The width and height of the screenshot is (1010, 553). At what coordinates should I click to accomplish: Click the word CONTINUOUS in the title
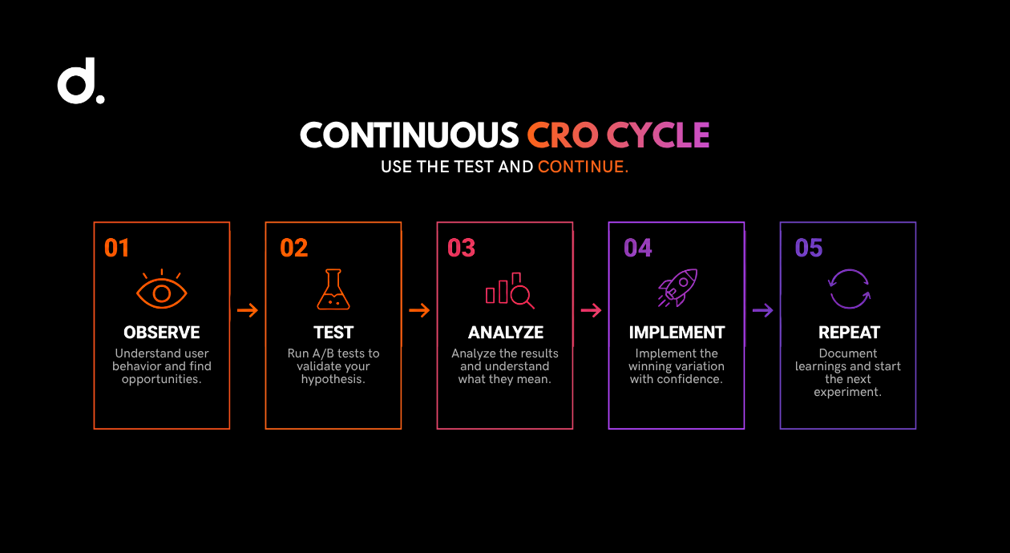point(410,135)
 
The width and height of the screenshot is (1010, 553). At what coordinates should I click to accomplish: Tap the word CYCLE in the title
point(658,135)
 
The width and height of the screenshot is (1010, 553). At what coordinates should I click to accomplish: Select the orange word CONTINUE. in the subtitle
point(583,167)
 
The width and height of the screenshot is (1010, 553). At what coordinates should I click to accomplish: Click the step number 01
point(117,248)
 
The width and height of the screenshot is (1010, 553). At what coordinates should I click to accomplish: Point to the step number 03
point(461,248)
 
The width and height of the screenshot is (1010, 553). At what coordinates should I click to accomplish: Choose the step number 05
point(809,248)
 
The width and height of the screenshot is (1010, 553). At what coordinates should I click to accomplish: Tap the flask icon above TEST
point(333,289)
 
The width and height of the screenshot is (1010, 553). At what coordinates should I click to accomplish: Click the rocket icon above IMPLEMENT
point(677,288)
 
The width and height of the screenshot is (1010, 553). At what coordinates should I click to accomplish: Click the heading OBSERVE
point(162,333)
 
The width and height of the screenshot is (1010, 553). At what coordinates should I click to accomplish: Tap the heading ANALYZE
point(506,333)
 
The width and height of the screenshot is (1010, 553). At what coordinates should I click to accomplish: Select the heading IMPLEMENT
point(677,333)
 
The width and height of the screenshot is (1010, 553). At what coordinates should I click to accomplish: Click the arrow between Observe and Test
point(248,310)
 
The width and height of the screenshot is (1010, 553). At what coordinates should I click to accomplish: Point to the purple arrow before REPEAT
point(763,310)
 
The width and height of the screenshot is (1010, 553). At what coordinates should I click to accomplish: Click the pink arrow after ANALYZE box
point(591,310)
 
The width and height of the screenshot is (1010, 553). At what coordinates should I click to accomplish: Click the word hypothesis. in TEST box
point(333,379)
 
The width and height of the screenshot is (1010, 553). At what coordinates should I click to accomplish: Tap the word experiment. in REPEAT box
point(848,392)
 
